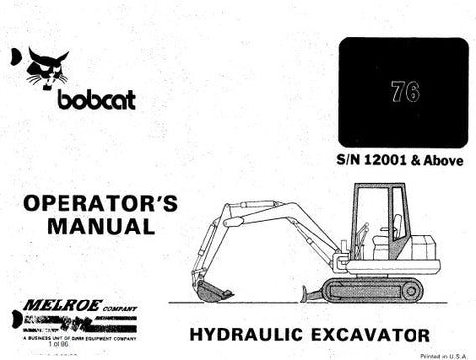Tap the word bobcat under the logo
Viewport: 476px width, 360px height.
click(x=95, y=98)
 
